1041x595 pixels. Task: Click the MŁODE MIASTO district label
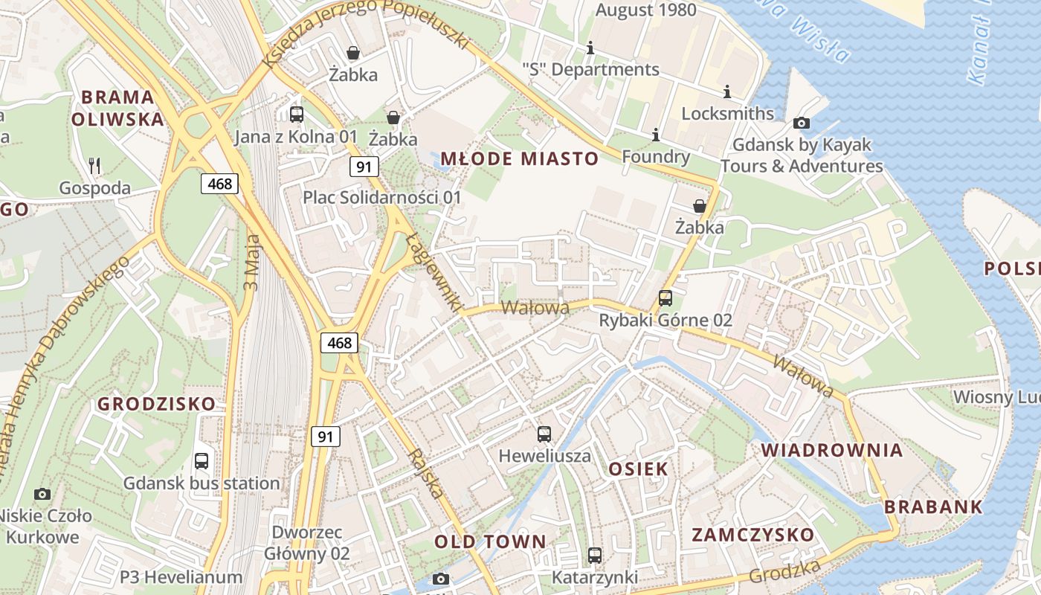click(519, 158)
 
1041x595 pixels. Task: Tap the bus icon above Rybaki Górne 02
click(665, 298)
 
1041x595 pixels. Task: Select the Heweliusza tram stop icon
click(544, 434)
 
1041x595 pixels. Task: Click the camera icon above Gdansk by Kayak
click(802, 123)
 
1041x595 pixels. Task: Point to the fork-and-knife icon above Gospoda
click(94, 165)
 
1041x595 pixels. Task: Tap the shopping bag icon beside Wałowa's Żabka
click(699, 206)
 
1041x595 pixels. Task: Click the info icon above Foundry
click(656, 135)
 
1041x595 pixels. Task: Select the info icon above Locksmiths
click(727, 91)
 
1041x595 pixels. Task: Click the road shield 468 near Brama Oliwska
click(219, 183)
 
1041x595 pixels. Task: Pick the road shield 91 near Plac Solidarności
click(364, 167)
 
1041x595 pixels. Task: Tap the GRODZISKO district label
click(157, 404)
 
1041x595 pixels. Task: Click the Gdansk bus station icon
click(202, 460)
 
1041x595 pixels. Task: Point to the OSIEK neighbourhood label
click(638, 469)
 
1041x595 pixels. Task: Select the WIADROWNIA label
click(832, 450)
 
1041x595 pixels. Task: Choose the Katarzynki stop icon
click(594, 555)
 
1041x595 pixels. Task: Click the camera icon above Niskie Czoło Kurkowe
click(42, 493)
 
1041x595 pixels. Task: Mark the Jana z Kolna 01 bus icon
click(296, 114)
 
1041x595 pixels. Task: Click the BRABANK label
click(933, 507)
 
